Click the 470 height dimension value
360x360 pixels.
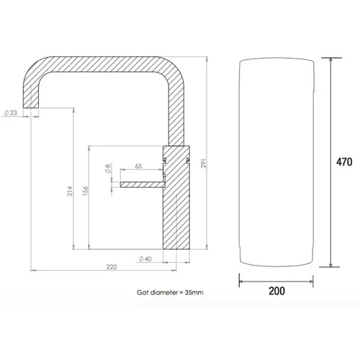coord(344,162)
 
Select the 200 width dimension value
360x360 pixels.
coord(276,291)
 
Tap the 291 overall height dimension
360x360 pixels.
coord(204,163)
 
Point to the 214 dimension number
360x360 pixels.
coord(70,191)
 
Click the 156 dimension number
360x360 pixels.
coord(86,191)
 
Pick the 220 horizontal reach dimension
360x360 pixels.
coord(112,266)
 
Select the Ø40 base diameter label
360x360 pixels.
coord(145,259)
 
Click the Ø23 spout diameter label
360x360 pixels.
coord(11,112)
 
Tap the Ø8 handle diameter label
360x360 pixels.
coord(108,168)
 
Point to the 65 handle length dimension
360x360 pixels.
coord(138,166)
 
